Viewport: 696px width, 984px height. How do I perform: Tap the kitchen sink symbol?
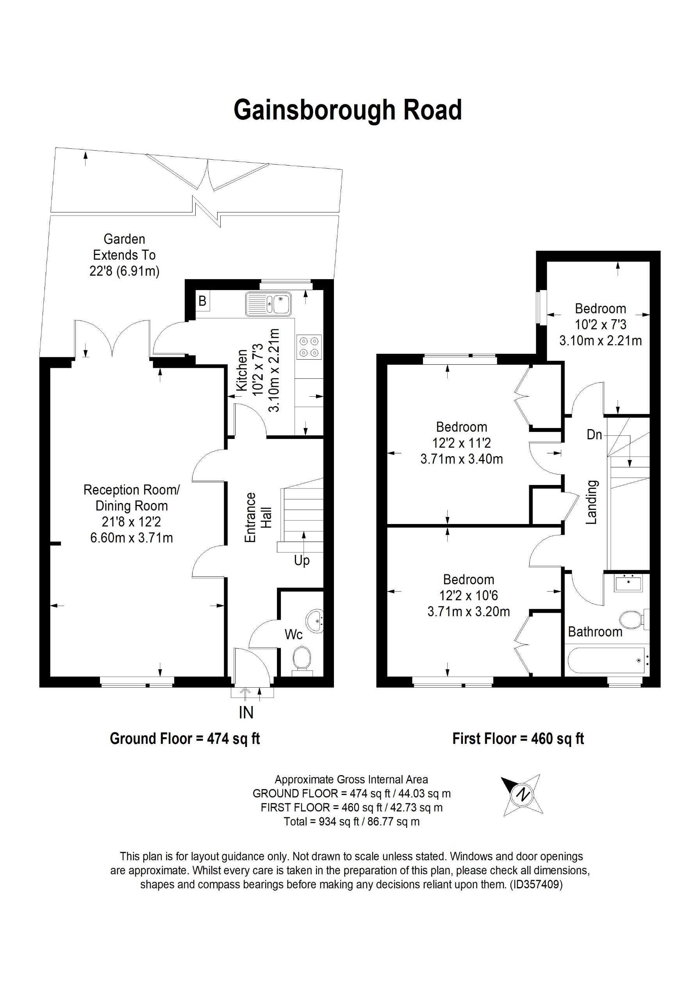tap(269, 304)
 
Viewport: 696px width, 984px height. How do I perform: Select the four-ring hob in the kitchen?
tap(309, 347)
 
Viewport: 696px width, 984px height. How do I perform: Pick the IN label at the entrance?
tap(246, 712)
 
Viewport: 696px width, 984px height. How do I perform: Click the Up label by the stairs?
tap(302, 560)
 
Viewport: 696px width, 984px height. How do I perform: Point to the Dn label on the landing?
tap(594, 435)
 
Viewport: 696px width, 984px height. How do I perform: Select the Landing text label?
tap(591, 502)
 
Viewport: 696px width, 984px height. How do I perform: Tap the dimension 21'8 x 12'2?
tap(131, 522)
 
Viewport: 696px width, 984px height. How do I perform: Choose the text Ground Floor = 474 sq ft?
tap(185, 738)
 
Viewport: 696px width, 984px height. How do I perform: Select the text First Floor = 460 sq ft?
tap(518, 738)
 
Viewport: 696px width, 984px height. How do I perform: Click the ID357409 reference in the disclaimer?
tap(536, 884)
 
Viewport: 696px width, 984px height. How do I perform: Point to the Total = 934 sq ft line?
tap(352, 822)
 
